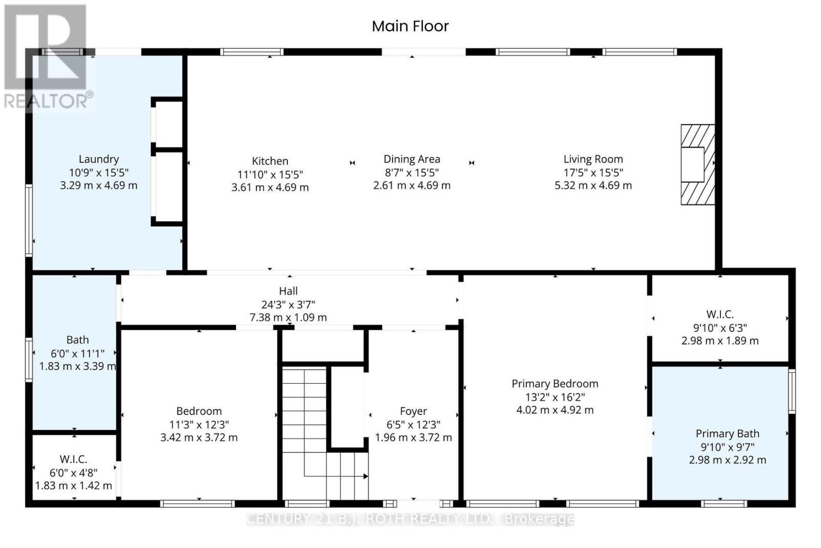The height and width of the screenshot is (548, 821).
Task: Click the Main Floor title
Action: pos(410,26)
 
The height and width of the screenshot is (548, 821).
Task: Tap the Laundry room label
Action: pos(99,159)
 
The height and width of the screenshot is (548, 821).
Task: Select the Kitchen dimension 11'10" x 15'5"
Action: pos(270,174)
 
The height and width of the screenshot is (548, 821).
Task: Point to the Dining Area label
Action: pos(412,159)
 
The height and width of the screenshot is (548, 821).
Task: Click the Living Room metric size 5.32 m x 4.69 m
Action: pos(593,185)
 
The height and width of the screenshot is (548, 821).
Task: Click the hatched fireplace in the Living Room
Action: pos(698,165)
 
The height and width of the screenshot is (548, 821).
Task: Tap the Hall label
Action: pos(288,291)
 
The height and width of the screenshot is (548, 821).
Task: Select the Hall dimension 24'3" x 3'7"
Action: pos(288,305)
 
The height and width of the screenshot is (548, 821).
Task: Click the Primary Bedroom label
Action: pos(555,384)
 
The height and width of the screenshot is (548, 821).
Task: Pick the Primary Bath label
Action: pos(728,434)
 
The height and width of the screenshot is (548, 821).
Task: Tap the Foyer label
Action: pos(414,411)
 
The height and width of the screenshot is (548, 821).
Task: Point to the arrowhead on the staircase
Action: pos(365,476)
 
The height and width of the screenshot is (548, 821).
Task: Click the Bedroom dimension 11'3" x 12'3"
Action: pos(199,424)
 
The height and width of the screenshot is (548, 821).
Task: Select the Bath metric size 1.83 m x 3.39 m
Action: pos(77,366)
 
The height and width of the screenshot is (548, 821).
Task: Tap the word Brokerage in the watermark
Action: pos(539,519)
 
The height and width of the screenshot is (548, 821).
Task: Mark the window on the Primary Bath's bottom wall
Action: pos(724,504)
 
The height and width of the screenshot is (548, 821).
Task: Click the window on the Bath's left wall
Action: pos(29,360)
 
